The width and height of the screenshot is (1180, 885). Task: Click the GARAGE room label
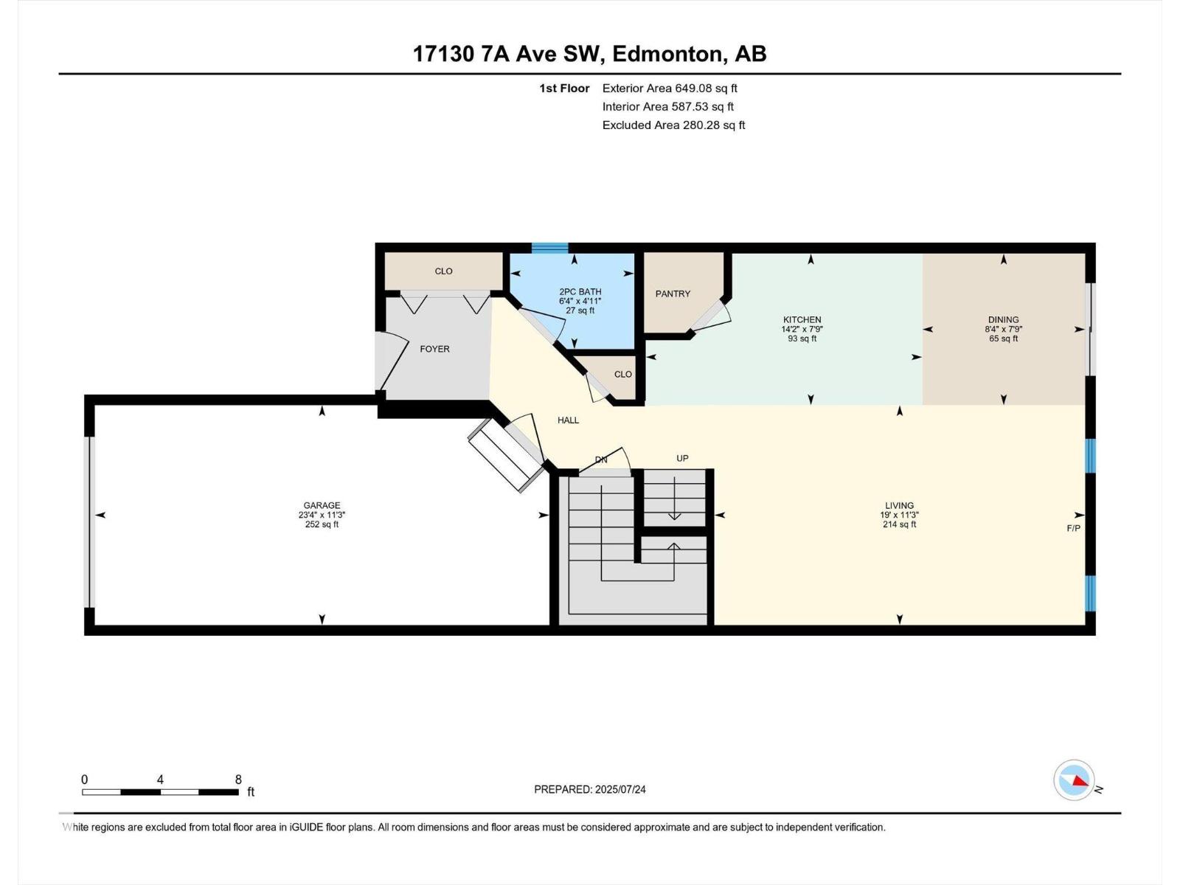322,505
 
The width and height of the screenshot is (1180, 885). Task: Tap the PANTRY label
673,294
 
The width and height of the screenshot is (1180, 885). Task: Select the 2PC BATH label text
580,291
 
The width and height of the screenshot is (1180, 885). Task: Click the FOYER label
434,349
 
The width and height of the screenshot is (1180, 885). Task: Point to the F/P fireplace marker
1073,528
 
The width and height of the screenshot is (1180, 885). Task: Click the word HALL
568,420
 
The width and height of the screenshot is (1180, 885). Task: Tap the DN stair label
601,459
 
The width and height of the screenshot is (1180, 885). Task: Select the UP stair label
682,458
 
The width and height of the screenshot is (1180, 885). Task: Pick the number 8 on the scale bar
238,780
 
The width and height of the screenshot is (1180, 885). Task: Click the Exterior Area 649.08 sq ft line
670,88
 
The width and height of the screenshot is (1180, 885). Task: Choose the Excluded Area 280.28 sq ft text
673,125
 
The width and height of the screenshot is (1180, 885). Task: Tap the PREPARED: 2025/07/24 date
589,789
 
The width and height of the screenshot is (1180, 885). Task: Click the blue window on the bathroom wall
549,248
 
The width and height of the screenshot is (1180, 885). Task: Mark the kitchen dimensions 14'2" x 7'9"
802,330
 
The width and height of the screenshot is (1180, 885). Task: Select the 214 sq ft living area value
899,524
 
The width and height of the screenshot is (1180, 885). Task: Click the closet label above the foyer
443,271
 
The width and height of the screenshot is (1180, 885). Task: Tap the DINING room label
1003,320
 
